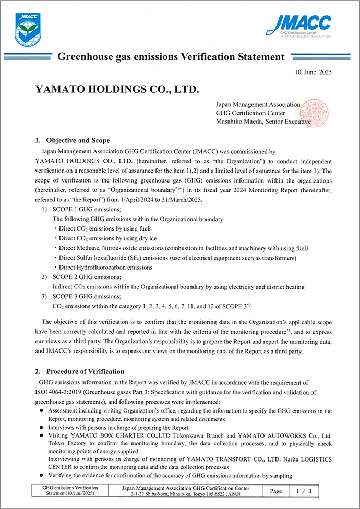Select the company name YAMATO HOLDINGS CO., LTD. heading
(117, 89)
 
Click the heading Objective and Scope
(78, 140)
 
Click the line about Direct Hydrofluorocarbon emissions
(104, 267)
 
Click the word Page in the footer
(276, 491)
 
